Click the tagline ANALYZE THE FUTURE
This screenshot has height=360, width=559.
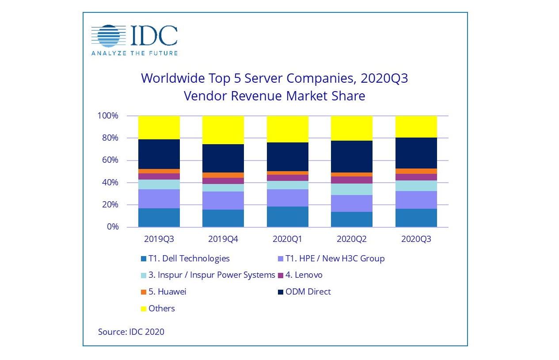[134, 53]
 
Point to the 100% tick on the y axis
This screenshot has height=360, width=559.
[108, 116]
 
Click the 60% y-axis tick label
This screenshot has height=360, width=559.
[110, 160]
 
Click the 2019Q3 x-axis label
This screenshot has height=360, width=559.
[159, 239]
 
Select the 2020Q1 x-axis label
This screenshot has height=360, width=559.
[287, 239]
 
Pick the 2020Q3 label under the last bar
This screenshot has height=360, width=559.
[416, 239]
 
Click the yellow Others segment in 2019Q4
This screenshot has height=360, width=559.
[223, 130]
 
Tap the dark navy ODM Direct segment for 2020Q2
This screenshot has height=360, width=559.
[352, 157]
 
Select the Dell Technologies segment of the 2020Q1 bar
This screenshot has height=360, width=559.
[287, 217]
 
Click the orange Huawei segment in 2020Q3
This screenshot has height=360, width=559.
[416, 171]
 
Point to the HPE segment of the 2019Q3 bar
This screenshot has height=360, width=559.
[159, 199]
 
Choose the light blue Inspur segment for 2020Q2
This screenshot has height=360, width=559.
[352, 189]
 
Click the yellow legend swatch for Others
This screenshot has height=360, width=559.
[143, 309]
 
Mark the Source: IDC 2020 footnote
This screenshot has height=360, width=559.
[131, 332]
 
